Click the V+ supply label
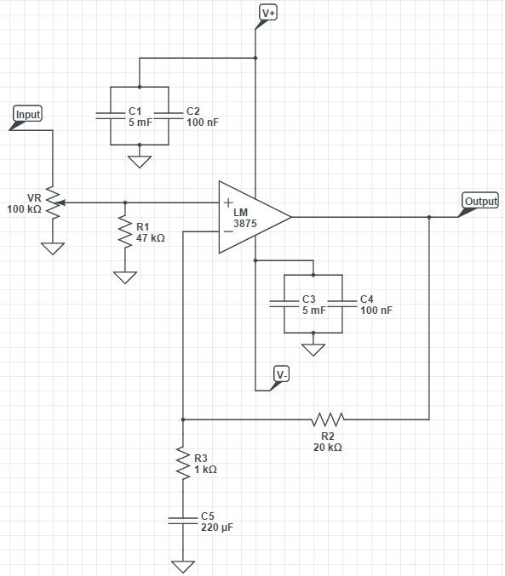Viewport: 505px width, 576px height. [268, 13]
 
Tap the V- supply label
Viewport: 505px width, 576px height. [281, 374]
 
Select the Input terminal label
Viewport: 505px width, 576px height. [27, 114]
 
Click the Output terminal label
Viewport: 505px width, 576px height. [480, 201]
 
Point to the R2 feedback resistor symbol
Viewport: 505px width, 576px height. [328, 419]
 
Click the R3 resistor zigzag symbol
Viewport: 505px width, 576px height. [183, 463]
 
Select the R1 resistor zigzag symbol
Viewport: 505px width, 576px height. [125, 232]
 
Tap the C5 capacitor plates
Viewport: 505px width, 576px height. [183, 520]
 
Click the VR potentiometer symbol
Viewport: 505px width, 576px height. [55, 202]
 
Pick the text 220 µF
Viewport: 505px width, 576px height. [217, 528]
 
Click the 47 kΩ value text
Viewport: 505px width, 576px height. [151, 238]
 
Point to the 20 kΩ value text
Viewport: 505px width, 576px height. [328, 447]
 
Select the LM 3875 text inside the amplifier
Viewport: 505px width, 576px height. [244, 218]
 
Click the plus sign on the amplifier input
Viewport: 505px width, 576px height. [228, 202]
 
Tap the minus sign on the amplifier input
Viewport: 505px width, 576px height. [228, 231]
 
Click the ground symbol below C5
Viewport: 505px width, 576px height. [183, 567]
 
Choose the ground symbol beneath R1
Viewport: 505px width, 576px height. [125, 277]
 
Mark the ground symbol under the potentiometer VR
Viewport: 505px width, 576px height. [53, 248]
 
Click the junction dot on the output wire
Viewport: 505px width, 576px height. [429, 217]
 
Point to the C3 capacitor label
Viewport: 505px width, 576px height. [309, 299]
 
